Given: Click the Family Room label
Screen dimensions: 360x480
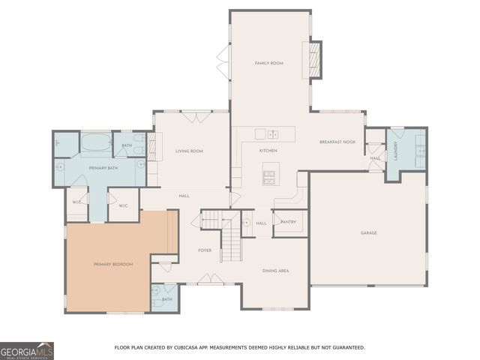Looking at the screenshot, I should pos(268,64).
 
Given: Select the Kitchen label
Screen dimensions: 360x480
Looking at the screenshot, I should pos(268,151).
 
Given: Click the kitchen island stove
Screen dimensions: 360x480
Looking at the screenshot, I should pos(269,178).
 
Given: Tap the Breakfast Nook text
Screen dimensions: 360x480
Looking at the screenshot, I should pos(337,142).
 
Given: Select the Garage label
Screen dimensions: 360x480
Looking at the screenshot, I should pos(368,233).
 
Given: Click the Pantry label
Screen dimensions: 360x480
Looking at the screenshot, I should pos(288,222).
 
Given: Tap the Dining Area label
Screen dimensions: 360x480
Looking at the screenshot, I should pos(275,270).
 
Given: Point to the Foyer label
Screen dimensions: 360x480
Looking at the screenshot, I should pos(205,250).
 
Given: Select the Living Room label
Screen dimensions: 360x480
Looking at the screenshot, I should pos(189,151).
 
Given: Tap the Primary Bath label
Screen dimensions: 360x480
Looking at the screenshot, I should pos(104,168).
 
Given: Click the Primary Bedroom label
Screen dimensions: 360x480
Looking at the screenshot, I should pos(112,264).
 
